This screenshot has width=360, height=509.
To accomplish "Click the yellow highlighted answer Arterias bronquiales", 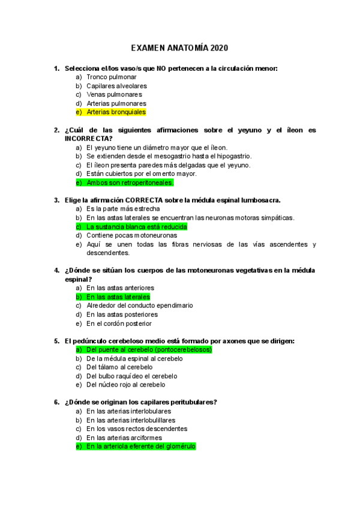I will point(116,112).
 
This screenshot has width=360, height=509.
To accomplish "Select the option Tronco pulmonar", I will point(111,77).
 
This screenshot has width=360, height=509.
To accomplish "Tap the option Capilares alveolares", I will point(116,86).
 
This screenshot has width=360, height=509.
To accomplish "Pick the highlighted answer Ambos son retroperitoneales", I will point(130,182).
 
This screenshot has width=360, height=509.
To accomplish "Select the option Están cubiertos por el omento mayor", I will point(141,173).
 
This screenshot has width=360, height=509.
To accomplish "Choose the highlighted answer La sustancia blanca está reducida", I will point(136,226).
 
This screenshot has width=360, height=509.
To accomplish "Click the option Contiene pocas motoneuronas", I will point(131,235).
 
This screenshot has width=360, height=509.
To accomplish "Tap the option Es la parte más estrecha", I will point(123,209).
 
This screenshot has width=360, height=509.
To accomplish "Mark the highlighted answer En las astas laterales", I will point(118,297).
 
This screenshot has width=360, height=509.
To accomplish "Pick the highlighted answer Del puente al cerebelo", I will point(149,349).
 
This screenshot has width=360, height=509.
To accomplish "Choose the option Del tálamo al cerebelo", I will point(119,367).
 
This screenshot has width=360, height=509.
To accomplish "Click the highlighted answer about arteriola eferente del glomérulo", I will point(140,447).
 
